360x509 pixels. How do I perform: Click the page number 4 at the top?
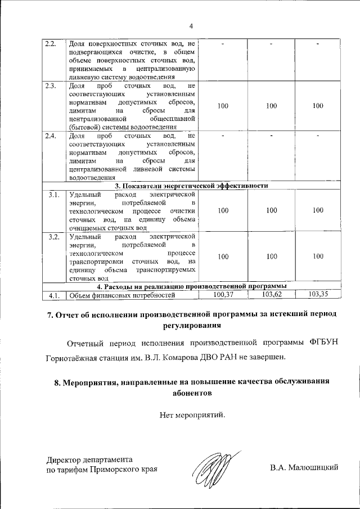click(x=191, y=26)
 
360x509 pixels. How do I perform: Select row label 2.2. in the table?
click(x=51, y=44)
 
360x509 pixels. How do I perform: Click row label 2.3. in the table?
click(x=51, y=86)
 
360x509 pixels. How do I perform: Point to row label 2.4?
click(x=51, y=136)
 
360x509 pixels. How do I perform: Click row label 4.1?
click(x=54, y=295)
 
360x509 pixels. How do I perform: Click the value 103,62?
click(x=272, y=294)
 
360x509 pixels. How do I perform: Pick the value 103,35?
click(x=318, y=294)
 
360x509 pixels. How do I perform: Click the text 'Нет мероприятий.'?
click(x=191, y=416)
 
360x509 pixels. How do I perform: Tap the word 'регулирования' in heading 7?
click(x=191, y=325)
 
